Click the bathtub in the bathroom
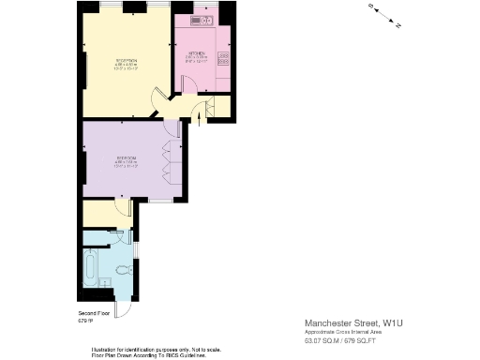(x=89, y=269)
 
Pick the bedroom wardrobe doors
(x=169, y=161)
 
